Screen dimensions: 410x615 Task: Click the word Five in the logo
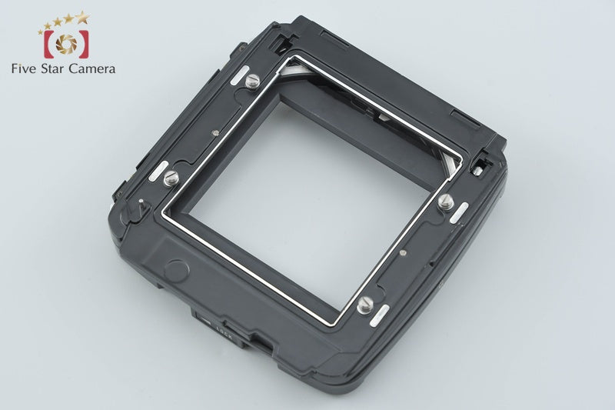tap(26, 69)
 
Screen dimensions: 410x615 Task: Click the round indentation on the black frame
tap(177, 269)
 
